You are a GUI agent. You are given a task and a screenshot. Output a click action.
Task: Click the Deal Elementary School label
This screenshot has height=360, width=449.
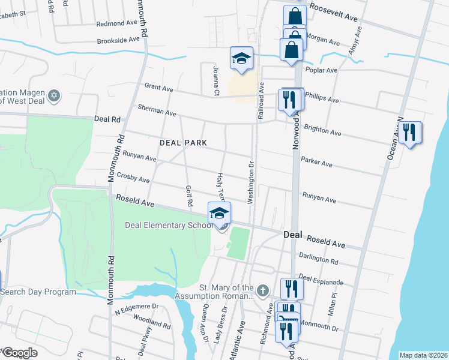[x=169, y=226]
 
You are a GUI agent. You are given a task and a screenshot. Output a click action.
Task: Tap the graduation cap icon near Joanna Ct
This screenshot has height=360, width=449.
[x=241, y=59]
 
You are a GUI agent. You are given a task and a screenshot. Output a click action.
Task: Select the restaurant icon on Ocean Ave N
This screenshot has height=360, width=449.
[x=410, y=133]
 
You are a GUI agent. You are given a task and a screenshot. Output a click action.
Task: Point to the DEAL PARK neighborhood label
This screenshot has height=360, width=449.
[x=183, y=143]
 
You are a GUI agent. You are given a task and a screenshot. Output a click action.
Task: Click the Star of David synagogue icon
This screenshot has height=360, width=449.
[x=54, y=96]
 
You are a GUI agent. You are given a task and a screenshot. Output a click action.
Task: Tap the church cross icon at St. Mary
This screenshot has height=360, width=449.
[x=262, y=292]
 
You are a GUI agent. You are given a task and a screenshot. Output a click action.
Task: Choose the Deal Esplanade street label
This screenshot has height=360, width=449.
[x=321, y=280]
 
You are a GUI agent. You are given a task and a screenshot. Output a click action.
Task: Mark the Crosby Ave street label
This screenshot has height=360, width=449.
[x=133, y=178]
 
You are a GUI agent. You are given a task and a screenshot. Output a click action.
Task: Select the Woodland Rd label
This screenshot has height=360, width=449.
[x=152, y=323]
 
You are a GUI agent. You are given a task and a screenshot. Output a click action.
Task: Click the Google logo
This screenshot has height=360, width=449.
[x=20, y=353]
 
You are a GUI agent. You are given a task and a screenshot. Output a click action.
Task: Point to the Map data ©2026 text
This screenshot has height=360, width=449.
[x=423, y=355]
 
